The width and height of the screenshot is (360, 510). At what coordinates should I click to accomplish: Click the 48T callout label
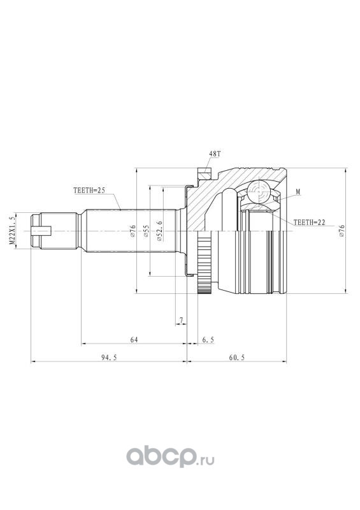(x=215, y=154)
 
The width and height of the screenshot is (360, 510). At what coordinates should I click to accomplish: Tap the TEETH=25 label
(x=89, y=191)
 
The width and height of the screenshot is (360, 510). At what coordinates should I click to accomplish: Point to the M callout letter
(x=298, y=193)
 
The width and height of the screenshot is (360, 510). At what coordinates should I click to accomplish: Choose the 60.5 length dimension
(x=236, y=357)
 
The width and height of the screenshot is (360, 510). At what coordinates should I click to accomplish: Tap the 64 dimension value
(x=134, y=340)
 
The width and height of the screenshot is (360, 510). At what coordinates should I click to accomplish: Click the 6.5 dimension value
(x=208, y=340)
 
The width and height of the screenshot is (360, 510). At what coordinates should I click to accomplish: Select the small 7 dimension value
(x=182, y=321)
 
